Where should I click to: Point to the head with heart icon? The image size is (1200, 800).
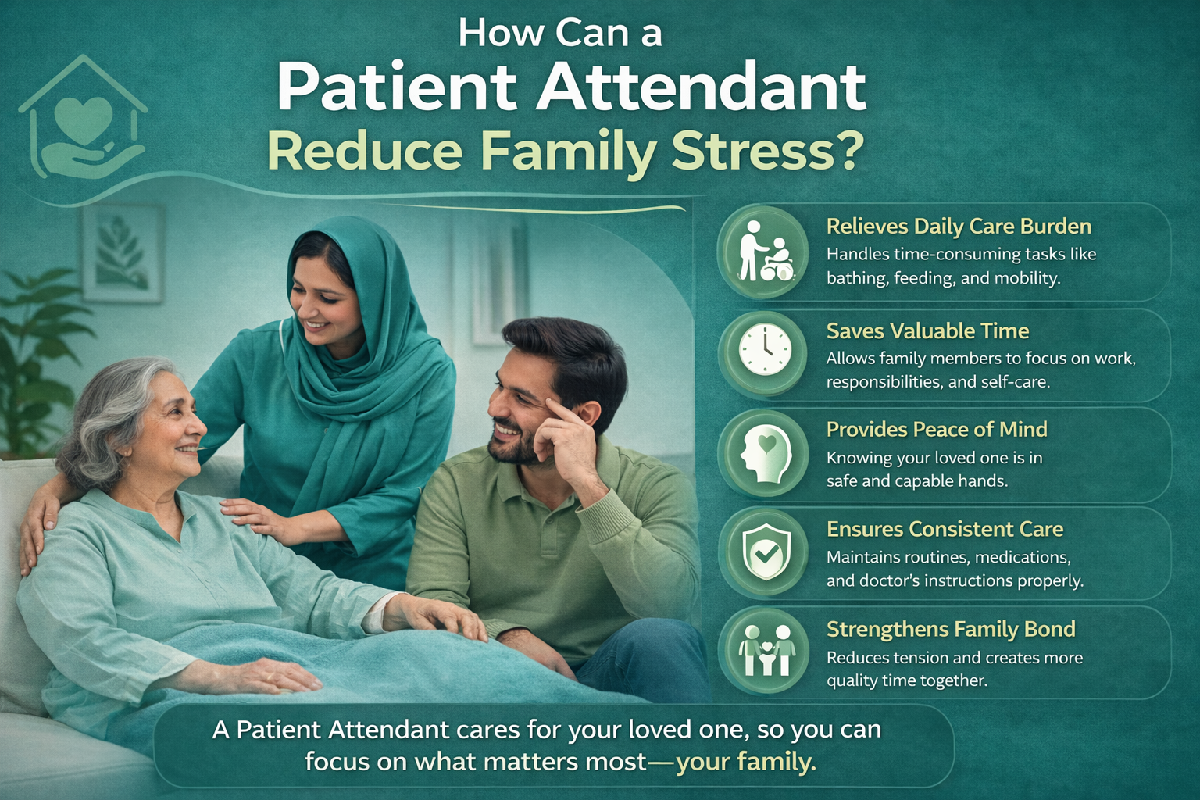765,455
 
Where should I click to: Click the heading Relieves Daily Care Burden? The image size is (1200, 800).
959,226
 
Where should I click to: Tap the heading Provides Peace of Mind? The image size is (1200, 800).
937,429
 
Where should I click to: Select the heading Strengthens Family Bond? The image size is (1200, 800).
951,629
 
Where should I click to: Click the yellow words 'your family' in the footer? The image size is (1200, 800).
746,762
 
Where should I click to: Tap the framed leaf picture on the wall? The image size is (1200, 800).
122,253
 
